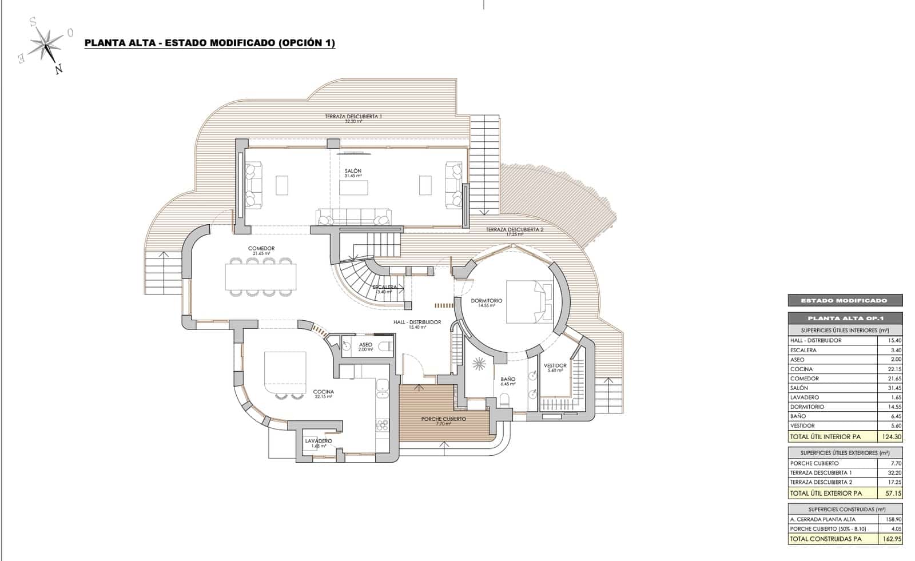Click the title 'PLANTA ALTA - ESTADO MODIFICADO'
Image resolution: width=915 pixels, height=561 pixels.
[209, 43]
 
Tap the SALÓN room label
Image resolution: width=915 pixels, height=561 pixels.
[353, 171]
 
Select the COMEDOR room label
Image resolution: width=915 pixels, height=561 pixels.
[261, 249]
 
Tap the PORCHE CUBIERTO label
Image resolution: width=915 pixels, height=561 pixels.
[443, 419]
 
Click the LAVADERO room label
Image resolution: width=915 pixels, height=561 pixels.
[319, 441]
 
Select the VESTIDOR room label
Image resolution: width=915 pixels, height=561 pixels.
[555, 366]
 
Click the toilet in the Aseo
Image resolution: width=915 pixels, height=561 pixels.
[385, 346]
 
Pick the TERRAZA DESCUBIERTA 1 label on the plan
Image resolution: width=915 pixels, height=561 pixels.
[353, 116]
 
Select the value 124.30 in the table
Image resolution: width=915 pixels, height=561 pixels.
[890, 437]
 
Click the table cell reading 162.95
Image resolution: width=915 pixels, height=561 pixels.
[890, 539]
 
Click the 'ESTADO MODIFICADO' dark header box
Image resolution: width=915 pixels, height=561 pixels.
[845, 300]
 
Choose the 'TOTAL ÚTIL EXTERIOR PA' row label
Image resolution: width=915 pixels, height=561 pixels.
[825, 493]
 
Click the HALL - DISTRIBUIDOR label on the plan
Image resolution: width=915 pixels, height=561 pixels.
[417, 323]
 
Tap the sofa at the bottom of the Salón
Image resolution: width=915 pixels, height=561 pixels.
[353, 217]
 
